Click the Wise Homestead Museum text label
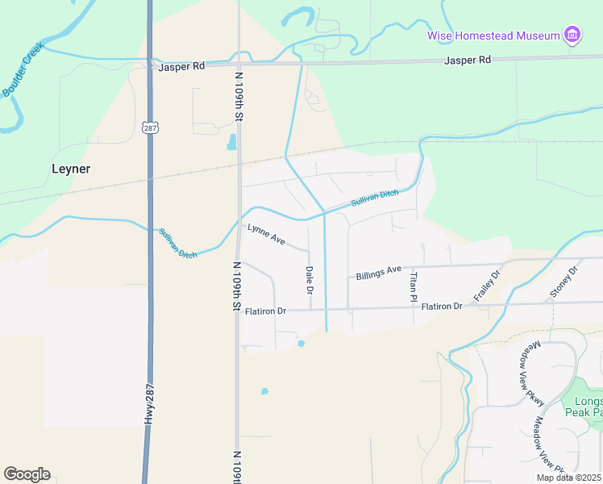[493, 35]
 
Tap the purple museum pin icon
[572, 35]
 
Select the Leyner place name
[71, 169]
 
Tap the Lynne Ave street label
[266, 235]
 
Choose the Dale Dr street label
[309, 279]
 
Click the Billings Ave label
[378, 273]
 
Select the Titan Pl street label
[414, 286]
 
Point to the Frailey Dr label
[487, 286]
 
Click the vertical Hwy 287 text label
[149, 403]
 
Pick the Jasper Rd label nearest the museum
[468, 60]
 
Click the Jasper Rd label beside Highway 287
[181, 67]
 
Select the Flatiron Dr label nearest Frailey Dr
[442, 307]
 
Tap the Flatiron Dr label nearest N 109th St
[265, 311]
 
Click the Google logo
[27, 474]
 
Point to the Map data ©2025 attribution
[568, 478]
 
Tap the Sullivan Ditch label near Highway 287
[177, 243]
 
